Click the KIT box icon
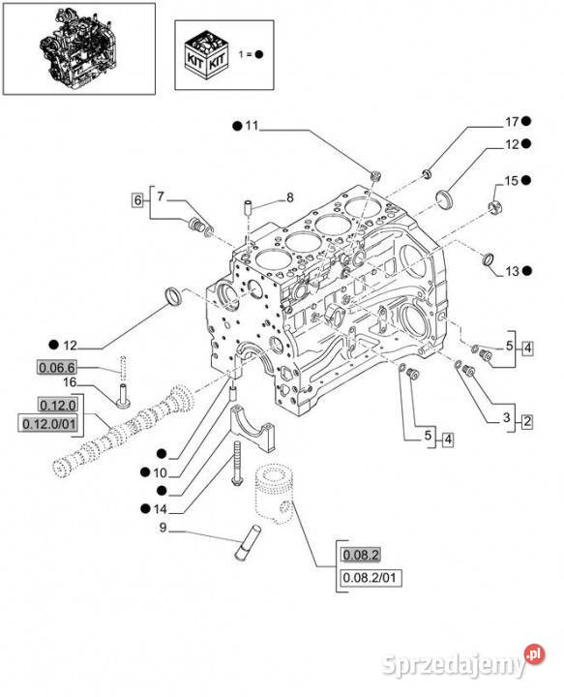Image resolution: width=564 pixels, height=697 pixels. (x=207, y=54)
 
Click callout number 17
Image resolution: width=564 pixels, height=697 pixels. (x=512, y=121)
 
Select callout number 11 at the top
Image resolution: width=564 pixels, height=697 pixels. (x=252, y=126)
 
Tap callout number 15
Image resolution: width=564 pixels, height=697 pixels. (x=512, y=180)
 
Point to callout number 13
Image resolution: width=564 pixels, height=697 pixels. (x=513, y=271)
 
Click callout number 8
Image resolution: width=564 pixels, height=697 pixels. (x=290, y=197)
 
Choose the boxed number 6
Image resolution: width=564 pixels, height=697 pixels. (x=137, y=200)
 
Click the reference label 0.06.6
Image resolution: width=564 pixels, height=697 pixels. (x=56, y=367)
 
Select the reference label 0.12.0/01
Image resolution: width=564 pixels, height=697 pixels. (x=49, y=424)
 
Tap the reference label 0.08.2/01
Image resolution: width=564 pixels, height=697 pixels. (x=369, y=578)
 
